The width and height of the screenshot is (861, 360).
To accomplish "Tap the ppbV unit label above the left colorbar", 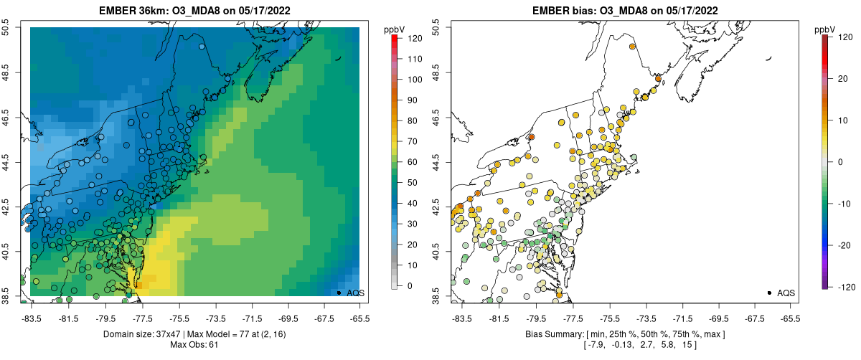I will (395, 29).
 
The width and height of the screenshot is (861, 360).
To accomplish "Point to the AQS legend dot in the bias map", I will (768, 293).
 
